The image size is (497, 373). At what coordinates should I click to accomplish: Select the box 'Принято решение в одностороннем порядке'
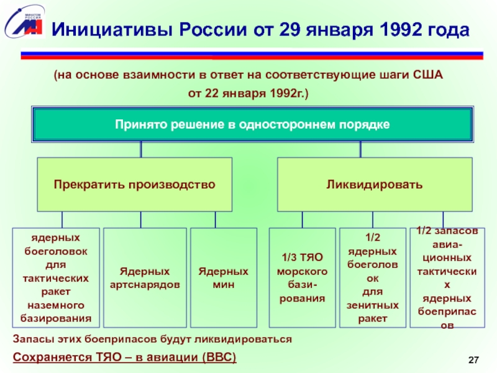[252, 124]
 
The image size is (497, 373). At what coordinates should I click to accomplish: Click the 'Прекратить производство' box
[135, 185]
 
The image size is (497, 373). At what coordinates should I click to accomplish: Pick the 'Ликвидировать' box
[375, 185]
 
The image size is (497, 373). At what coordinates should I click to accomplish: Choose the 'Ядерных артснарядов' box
[145, 278]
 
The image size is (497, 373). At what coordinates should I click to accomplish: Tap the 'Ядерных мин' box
[223, 278]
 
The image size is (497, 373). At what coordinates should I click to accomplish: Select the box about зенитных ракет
[372, 278]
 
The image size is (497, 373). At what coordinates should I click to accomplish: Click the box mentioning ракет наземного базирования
[56, 278]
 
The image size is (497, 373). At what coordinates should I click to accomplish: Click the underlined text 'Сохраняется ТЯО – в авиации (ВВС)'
[125, 359]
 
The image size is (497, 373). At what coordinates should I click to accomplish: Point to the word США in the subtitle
[428, 75]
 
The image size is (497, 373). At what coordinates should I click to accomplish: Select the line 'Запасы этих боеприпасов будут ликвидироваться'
[152, 340]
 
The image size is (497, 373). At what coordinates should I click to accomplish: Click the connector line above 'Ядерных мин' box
[216, 219]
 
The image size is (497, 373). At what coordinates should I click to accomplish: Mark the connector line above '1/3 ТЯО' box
[302, 219]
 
